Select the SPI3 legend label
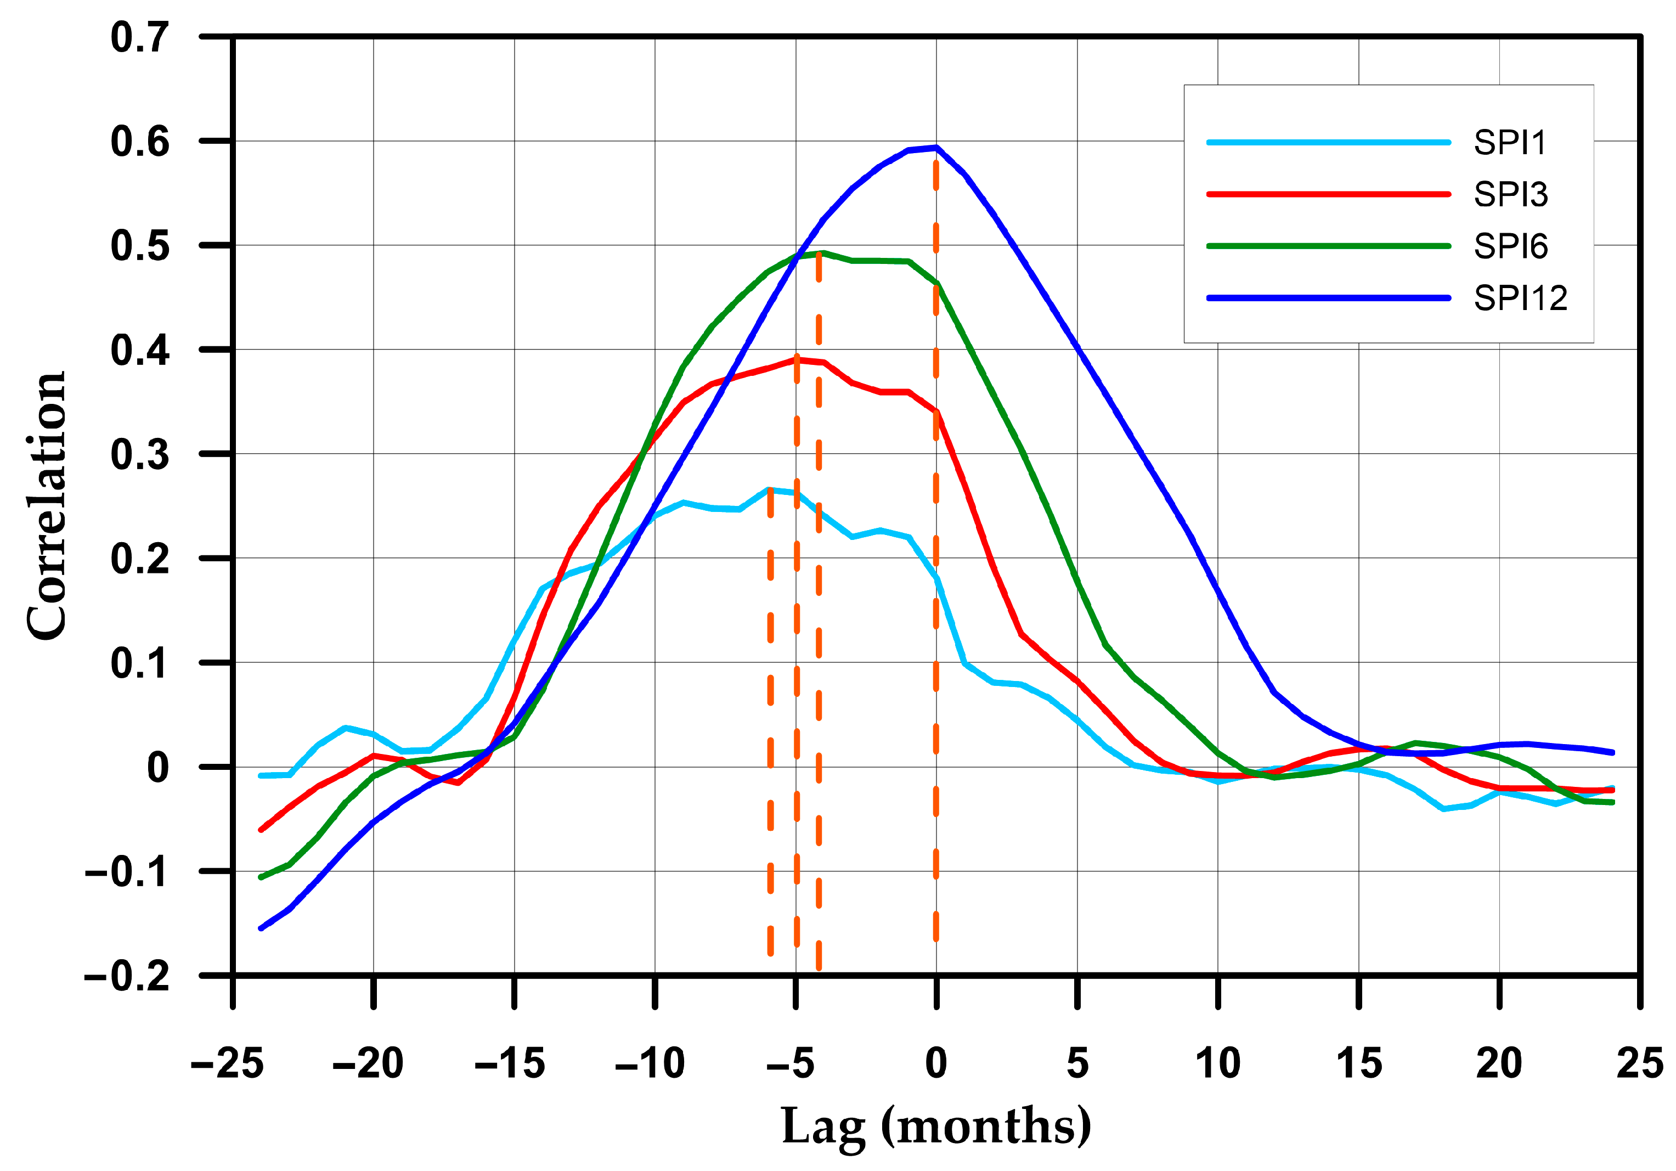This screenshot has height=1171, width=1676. [x=1510, y=195]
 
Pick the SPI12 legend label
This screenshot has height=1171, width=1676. [x=1520, y=299]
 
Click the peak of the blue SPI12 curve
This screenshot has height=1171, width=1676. [x=936, y=148]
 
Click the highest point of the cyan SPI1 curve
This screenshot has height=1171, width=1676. [x=769, y=489]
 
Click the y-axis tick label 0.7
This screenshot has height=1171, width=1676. [x=140, y=38]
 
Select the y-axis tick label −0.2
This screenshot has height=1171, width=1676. [x=127, y=976]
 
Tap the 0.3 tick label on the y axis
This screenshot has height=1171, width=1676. [x=140, y=455]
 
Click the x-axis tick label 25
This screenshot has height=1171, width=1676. [x=1639, y=1063]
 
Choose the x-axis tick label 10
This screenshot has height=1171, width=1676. [x=1217, y=1063]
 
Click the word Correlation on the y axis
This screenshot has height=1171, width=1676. [x=47, y=505]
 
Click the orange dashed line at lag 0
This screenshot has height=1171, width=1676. [x=936, y=657]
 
